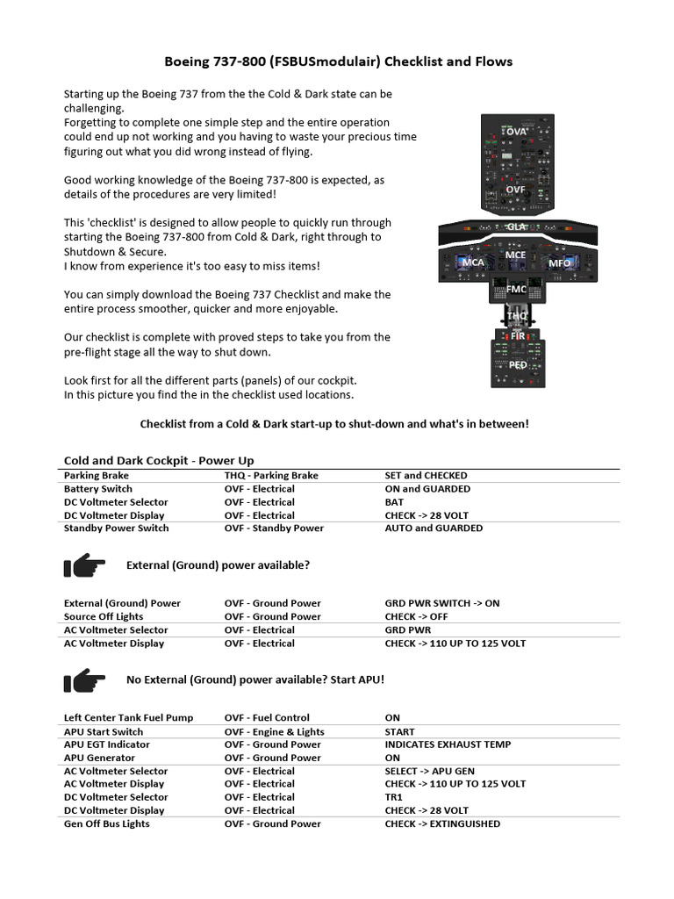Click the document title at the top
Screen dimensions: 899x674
click(339, 61)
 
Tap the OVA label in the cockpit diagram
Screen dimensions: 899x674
click(516, 132)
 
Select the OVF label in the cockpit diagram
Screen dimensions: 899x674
click(515, 189)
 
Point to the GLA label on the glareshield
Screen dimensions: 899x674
click(515, 227)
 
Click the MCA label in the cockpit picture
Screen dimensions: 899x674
click(473, 263)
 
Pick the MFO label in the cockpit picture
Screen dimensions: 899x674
click(559, 263)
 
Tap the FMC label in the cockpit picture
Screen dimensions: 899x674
click(516, 289)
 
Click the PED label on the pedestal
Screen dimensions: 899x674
click(517, 364)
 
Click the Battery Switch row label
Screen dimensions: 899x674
click(98, 489)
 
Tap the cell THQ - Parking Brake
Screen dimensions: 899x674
click(271, 476)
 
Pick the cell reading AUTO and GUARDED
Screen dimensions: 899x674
click(434, 529)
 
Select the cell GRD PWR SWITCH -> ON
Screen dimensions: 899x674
click(441, 604)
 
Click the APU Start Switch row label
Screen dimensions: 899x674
click(104, 731)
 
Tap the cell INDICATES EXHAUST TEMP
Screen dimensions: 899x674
click(448, 744)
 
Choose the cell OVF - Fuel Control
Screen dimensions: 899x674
click(267, 718)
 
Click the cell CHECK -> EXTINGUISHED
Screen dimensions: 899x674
click(442, 824)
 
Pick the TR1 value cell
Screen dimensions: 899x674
click(394, 797)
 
